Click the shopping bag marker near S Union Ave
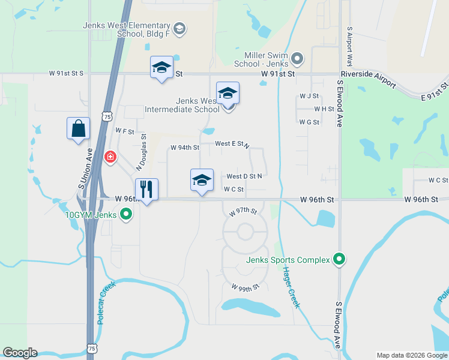[78, 128]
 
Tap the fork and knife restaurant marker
[146, 190]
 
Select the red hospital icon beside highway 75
[110, 157]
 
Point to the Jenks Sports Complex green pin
[339, 260]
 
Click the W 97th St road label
[243, 212]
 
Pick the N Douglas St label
[142, 151]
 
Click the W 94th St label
[184, 147]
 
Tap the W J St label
[309, 96]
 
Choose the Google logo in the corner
[20, 353]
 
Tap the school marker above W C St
[202, 180]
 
